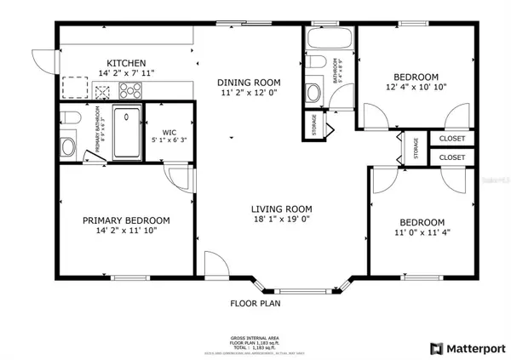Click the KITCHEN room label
[125, 63]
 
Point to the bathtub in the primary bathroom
[129, 132]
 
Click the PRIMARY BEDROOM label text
[126, 220]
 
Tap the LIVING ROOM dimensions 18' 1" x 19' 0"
[281, 221]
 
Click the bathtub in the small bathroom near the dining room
[327, 39]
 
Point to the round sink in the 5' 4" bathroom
[313, 92]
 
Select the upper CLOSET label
[451, 138]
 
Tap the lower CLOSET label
[451, 158]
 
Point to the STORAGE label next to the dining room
[313, 124]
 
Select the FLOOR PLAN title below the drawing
[255, 303]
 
